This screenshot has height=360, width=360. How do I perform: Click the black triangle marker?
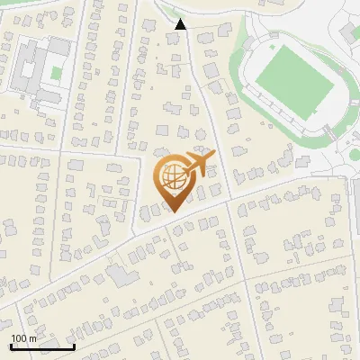(181, 24)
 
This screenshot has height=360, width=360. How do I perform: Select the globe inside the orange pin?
(171, 177)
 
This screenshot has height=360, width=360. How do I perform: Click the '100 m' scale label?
(23, 337)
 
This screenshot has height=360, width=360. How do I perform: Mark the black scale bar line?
(42, 346)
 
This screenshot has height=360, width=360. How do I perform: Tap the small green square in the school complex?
(57, 71)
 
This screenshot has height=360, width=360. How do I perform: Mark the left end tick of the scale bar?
(11, 345)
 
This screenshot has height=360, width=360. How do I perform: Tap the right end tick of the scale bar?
(74, 345)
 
